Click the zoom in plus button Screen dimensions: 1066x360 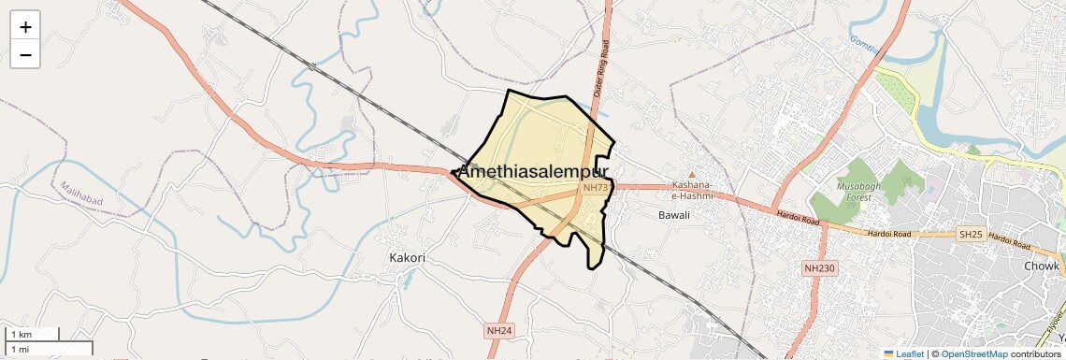coord(25,27)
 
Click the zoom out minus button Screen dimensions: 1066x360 coord(25,55)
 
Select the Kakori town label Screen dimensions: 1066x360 coord(407,257)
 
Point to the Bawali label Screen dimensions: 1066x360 coord(673,215)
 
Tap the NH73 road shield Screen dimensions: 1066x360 coord(596,188)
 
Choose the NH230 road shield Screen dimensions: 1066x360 coord(819,268)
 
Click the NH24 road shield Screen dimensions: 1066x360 coord(499,331)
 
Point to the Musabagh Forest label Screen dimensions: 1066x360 coord(853,193)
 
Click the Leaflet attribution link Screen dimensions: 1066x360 coord(903,354)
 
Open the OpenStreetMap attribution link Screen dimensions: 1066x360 coord(973,354)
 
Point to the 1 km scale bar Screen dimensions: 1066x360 coord(33,334)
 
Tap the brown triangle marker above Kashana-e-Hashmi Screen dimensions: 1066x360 coord(692,174)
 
